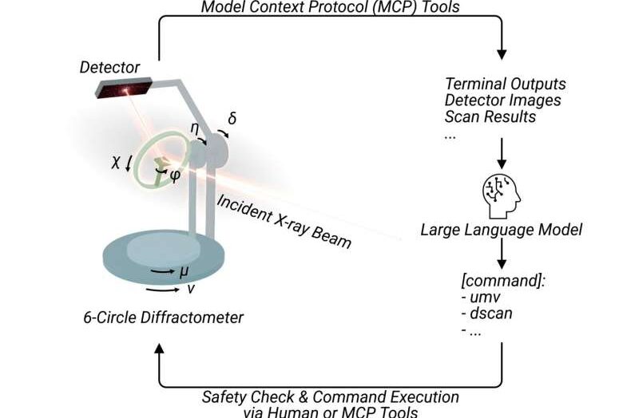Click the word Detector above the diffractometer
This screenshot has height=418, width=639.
click(109, 67)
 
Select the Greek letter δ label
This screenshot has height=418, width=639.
click(232, 118)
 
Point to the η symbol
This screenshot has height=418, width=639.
click(195, 129)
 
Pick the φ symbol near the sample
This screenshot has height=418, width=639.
click(174, 175)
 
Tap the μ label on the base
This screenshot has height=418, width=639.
click(185, 271)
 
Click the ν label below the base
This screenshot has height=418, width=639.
click(190, 289)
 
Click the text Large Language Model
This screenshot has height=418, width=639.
click(502, 230)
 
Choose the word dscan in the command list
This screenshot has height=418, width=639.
click(491, 313)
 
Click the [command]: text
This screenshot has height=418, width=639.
click(503, 281)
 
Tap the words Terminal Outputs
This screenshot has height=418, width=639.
click(506, 85)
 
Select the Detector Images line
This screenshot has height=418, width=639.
click(503, 101)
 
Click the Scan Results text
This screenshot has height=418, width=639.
click(490, 116)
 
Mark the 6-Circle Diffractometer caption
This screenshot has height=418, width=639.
click(164, 317)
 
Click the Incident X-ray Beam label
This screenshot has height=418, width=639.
click(284, 222)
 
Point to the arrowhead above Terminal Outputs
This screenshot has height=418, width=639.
click(502, 54)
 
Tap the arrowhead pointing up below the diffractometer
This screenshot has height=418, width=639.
click(159, 348)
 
